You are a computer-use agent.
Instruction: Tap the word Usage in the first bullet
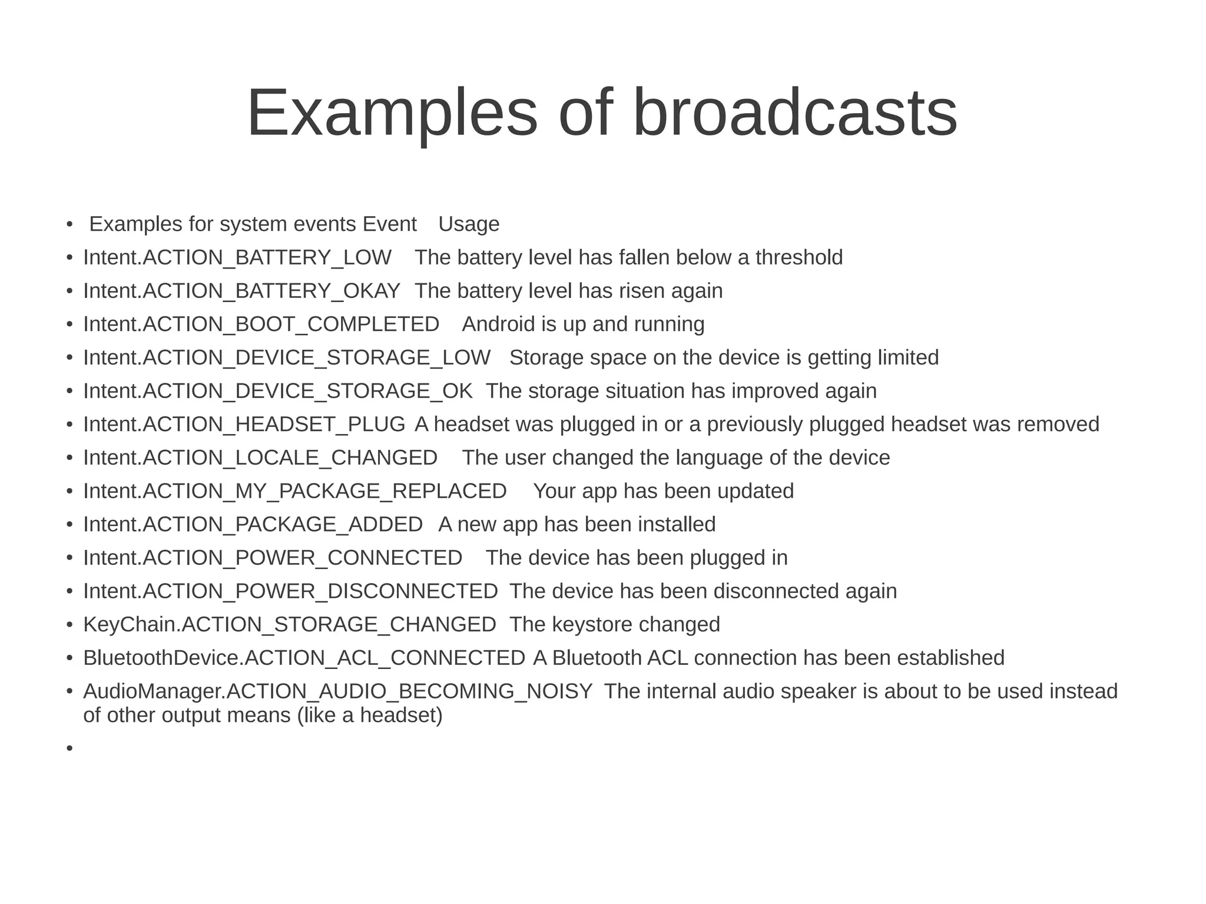pyautogui.click(x=469, y=224)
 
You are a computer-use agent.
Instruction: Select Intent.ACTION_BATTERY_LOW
pyautogui.click(x=237, y=258)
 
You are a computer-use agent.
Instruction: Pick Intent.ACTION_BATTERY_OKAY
pyautogui.click(x=241, y=291)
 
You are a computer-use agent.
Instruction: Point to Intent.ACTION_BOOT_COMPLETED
pyautogui.click(x=261, y=324)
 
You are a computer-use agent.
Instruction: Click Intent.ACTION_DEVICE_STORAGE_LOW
pyautogui.click(x=287, y=358)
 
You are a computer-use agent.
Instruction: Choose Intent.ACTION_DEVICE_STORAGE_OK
pyautogui.click(x=277, y=391)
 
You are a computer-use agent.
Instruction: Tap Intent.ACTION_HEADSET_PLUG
pyautogui.click(x=244, y=425)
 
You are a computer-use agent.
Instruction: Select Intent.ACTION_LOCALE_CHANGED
pyautogui.click(x=260, y=458)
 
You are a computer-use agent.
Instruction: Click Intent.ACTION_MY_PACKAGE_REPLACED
pyautogui.click(x=294, y=491)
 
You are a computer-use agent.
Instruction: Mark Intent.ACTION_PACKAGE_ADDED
pyautogui.click(x=253, y=525)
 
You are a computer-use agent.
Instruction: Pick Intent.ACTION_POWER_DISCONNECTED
pyautogui.click(x=290, y=591)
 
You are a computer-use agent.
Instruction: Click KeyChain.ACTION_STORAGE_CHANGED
pyautogui.click(x=290, y=625)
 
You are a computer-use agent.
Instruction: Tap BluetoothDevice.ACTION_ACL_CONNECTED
pyautogui.click(x=304, y=658)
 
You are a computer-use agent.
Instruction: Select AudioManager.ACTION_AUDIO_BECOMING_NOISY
pyautogui.click(x=337, y=691)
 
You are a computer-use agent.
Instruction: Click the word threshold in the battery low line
pyautogui.click(x=799, y=258)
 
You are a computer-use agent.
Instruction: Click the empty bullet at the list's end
pyautogui.click(x=69, y=749)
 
